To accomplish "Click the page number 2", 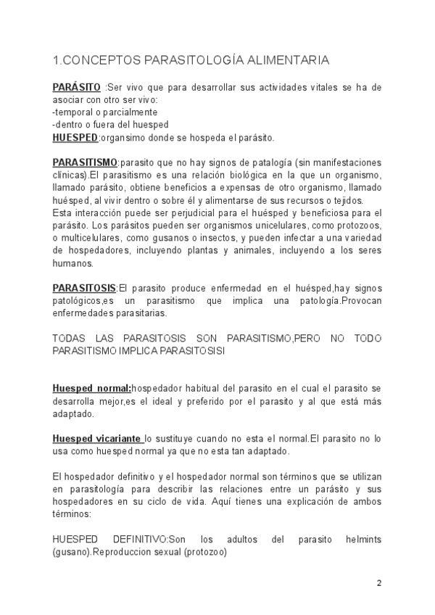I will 378,584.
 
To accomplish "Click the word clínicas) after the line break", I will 70,175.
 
